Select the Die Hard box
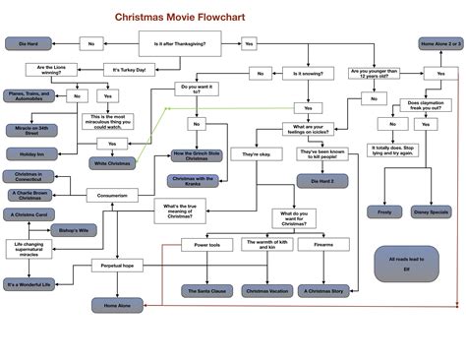28,44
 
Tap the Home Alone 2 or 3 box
439,44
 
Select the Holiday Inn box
28,153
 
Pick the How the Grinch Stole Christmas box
199,155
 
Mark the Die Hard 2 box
318,180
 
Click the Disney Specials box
432,210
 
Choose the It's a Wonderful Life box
28,285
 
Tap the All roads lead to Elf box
404,263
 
